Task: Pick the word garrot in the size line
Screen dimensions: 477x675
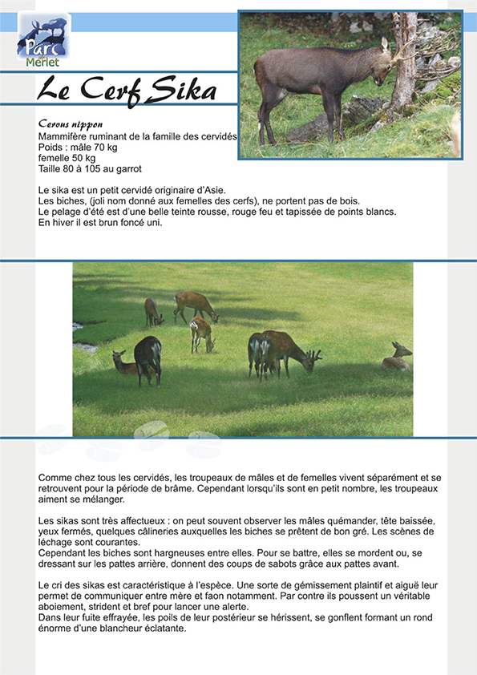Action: point(128,169)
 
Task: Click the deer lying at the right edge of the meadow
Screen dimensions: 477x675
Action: point(397,357)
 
